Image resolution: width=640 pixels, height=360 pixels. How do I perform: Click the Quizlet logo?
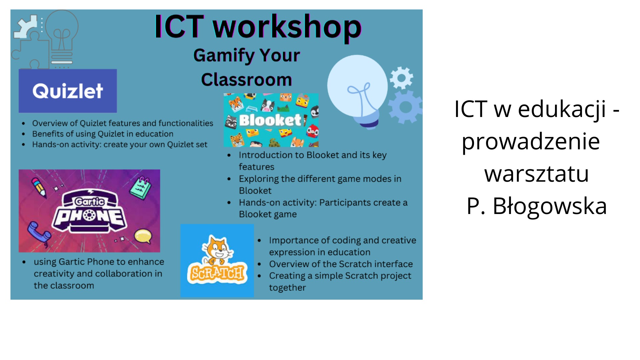click(68, 91)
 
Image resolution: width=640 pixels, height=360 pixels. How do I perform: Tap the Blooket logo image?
click(271, 120)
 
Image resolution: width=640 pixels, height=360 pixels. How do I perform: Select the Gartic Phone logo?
click(89, 211)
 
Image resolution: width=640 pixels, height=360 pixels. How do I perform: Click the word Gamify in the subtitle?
click(224, 56)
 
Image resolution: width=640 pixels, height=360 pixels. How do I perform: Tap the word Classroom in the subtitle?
click(247, 80)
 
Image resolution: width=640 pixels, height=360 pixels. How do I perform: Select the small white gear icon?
click(401, 78)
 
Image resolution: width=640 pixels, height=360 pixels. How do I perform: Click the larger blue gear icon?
click(406, 107)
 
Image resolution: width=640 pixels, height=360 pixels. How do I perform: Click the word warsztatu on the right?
click(537, 174)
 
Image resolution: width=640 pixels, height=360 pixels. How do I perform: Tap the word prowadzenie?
click(531, 142)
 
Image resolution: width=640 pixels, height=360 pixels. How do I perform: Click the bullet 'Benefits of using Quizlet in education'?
click(103, 134)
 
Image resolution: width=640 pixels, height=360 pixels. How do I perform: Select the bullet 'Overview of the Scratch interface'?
click(341, 264)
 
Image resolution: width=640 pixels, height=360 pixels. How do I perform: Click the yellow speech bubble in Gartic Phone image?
click(143, 236)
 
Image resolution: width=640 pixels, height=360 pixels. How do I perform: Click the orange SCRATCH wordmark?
click(217, 273)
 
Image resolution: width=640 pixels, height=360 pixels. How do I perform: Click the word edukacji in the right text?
click(562, 109)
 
